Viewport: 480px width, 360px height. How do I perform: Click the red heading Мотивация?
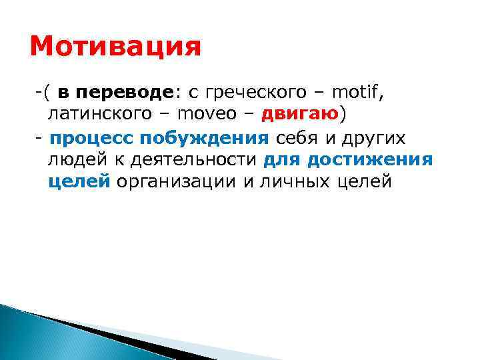[x=115, y=48]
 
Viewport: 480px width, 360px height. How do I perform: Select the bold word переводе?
[x=126, y=91]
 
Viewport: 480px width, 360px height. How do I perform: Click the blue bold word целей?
[x=79, y=183]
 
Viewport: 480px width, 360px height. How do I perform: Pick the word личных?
[x=287, y=183]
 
